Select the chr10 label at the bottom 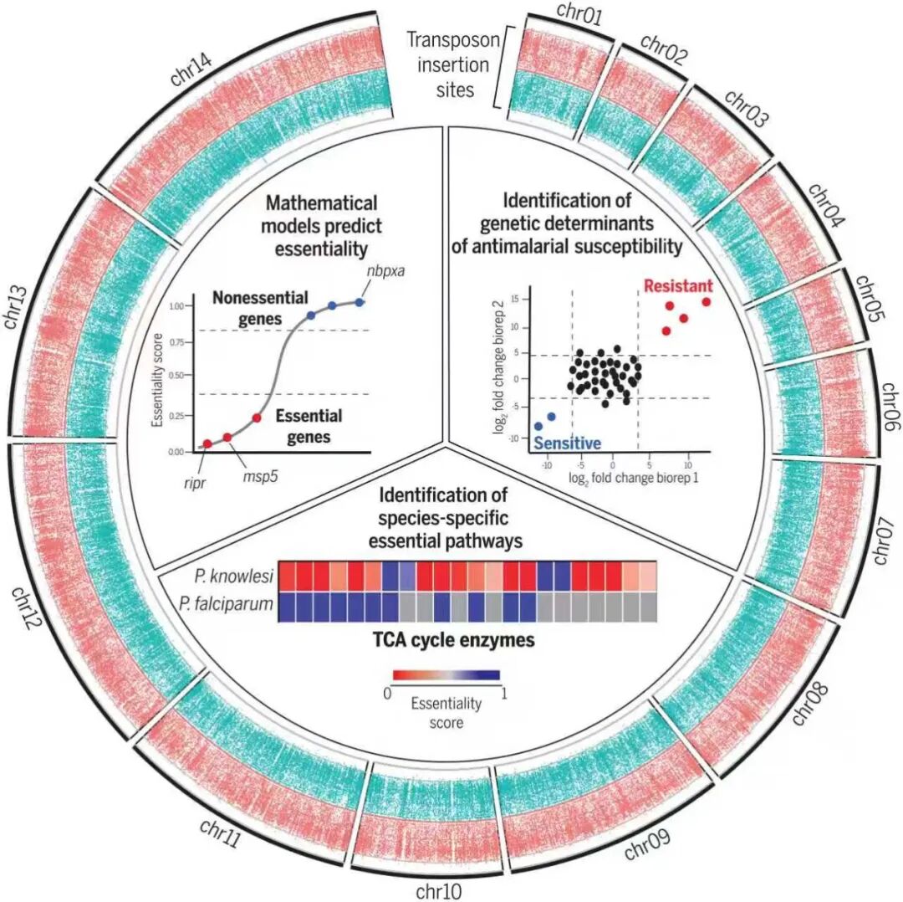point(439,892)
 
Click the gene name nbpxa point(385,269)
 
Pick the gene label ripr point(195,483)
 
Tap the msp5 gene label point(260,477)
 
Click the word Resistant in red point(678,286)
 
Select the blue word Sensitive point(568,443)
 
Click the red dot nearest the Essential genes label point(257,418)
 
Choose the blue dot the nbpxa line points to point(360,302)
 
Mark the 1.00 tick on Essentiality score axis point(176,306)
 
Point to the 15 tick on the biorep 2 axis point(514,299)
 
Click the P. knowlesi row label point(234,577)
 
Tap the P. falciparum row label point(226,604)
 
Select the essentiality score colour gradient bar point(446,675)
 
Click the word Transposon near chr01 point(453,40)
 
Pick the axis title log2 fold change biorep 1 point(634,479)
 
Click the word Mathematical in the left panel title point(321,203)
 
